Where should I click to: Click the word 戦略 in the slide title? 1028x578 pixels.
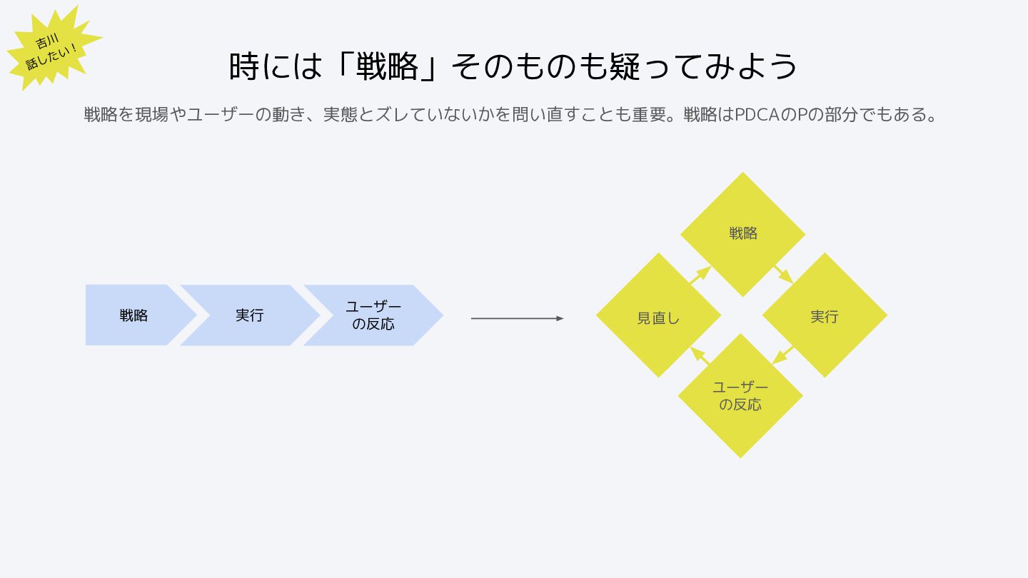pos(390,66)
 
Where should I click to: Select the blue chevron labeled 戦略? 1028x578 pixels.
pos(133,315)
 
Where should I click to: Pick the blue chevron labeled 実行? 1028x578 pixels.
pos(249,315)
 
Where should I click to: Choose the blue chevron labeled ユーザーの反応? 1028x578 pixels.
pos(373,315)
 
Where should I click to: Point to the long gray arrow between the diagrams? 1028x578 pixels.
pos(517,318)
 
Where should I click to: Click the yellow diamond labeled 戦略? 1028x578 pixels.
pos(742,234)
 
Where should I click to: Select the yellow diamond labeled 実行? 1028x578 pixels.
pos(825,315)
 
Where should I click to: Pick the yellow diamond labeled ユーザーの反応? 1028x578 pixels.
pos(740,396)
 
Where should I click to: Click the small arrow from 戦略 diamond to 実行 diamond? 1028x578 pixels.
pos(784,275)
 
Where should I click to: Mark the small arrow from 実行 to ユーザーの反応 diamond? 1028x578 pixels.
pos(783,355)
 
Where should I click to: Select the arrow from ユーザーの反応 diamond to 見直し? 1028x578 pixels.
pos(700,355)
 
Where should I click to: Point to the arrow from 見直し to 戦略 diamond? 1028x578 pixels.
pos(700,275)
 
